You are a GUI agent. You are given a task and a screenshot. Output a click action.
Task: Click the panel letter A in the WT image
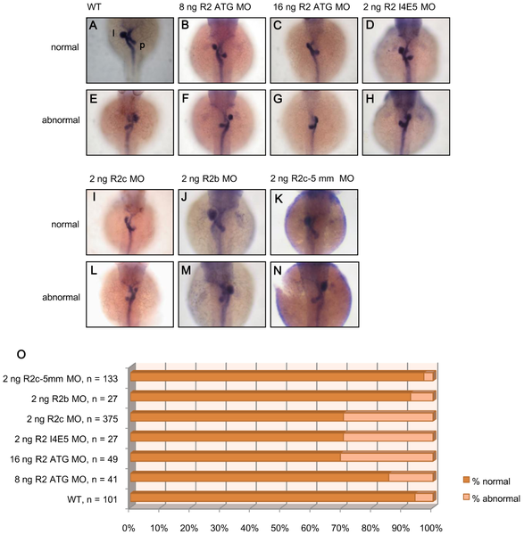[93, 25]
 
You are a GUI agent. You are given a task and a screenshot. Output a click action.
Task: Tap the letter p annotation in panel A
[142, 45]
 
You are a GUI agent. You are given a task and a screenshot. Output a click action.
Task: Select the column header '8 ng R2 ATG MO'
[215, 7]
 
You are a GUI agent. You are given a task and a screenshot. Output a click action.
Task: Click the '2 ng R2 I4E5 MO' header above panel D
[399, 7]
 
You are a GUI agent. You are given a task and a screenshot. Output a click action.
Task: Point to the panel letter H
[370, 99]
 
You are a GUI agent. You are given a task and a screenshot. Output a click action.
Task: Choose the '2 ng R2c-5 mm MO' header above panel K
[312, 178]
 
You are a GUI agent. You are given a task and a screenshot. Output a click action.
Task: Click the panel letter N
[278, 270]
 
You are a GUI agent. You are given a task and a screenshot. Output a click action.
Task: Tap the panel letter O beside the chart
[21, 355]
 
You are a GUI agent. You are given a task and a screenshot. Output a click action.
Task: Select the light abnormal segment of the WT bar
[424, 498]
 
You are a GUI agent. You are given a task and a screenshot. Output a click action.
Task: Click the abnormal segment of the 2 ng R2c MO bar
[388, 417]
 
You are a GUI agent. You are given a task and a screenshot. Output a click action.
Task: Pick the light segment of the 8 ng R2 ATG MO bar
[411, 477]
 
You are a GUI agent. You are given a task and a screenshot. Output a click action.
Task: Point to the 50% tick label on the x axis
[279, 528]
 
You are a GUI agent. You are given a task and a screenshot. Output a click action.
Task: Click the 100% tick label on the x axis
[431, 528]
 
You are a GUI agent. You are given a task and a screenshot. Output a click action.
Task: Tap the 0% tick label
[129, 528]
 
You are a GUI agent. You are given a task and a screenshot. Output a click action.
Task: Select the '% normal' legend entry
[487, 481]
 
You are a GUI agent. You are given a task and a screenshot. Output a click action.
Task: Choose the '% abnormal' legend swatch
[466, 498]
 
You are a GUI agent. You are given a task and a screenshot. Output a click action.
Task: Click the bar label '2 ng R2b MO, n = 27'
[74, 399]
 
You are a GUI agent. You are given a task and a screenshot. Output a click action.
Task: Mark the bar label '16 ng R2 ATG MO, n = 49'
[64, 459]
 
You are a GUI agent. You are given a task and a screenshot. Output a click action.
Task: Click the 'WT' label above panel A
[94, 7]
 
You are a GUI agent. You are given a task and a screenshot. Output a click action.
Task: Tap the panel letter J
[185, 197]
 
